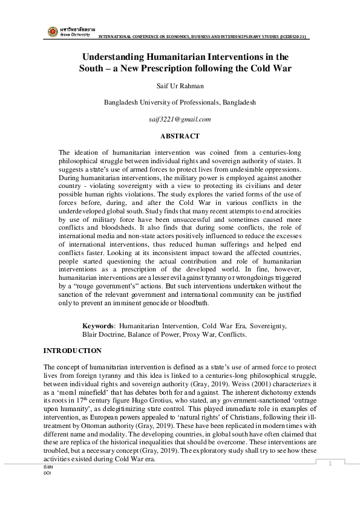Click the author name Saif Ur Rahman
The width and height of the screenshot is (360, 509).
(x=180, y=86)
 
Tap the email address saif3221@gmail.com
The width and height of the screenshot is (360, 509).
(x=180, y=120)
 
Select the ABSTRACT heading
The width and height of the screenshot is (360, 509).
(x=180, y=136)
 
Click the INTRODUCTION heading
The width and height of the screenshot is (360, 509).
(x=73, y=351)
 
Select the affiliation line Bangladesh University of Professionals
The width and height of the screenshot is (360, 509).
(x=180, y=103)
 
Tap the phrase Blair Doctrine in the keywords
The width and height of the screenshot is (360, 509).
(x=103, y=334)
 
